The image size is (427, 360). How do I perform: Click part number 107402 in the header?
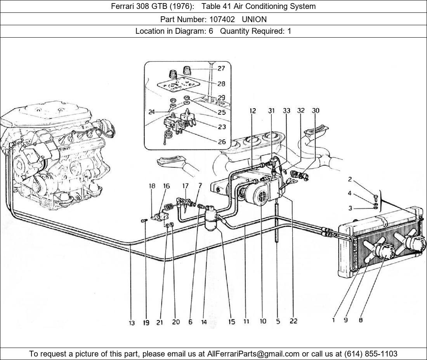tap(222, 19)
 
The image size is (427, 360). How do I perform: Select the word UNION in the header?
tap(254, 19)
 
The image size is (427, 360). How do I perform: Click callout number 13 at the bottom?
tap(132, 323)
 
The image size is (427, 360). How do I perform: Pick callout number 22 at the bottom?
tap(293, 321)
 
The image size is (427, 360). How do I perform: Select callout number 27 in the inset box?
tap(221, 68)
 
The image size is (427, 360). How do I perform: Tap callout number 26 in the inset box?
tap(222, 142)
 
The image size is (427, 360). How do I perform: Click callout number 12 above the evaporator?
tap(253, 111)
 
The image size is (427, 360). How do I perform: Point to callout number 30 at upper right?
tap(316, 111)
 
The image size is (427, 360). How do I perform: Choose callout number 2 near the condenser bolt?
tap(350, 179)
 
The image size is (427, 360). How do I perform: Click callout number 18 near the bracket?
tap(152, 186)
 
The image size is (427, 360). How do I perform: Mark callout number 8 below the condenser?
tap(361, 320)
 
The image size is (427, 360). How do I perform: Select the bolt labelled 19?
tap(144, 221)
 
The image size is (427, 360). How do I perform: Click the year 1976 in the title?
tap(181, 6)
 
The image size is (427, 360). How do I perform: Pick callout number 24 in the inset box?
tap(151, 112)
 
